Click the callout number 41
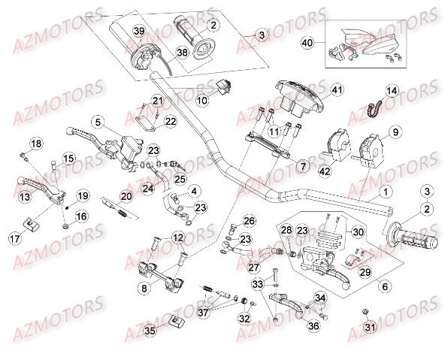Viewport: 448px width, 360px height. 337,90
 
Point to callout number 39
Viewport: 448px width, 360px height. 138,30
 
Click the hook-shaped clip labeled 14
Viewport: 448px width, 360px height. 371,110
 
